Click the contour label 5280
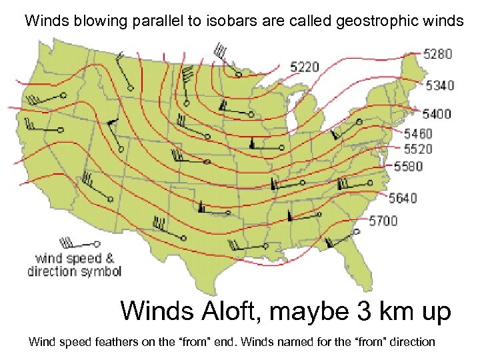[439, 53]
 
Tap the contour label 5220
[305, 67]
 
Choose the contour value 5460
[418, 134]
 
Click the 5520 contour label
[418, 149]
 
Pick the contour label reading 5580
[408, 166]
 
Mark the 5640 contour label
[403, 198]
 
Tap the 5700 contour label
[383, 221]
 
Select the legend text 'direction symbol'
[74, 271]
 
